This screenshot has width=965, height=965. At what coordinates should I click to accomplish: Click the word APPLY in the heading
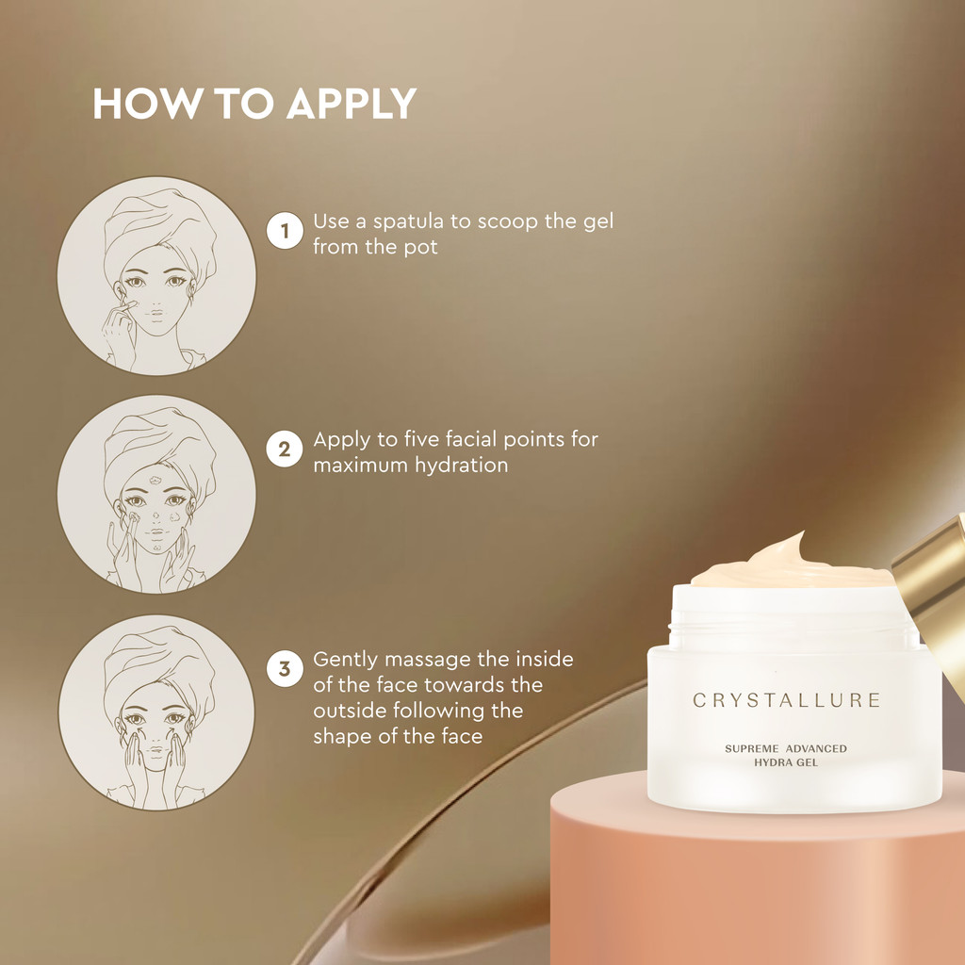(352, 104)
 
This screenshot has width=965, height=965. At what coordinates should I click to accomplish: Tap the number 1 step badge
(285, 231)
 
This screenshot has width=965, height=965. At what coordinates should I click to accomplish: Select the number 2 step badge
(285, 450)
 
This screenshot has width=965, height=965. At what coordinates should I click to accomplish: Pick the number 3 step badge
(285, 669)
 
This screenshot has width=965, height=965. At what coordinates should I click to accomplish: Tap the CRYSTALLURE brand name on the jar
(787, 700)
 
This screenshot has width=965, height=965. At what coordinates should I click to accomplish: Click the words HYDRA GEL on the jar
(786, 762)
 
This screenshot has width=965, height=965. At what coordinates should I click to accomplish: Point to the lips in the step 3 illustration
(156, 751)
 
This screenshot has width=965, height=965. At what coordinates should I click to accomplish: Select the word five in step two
(421, 439)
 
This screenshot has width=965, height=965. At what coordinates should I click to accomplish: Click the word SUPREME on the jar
(751, 749)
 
